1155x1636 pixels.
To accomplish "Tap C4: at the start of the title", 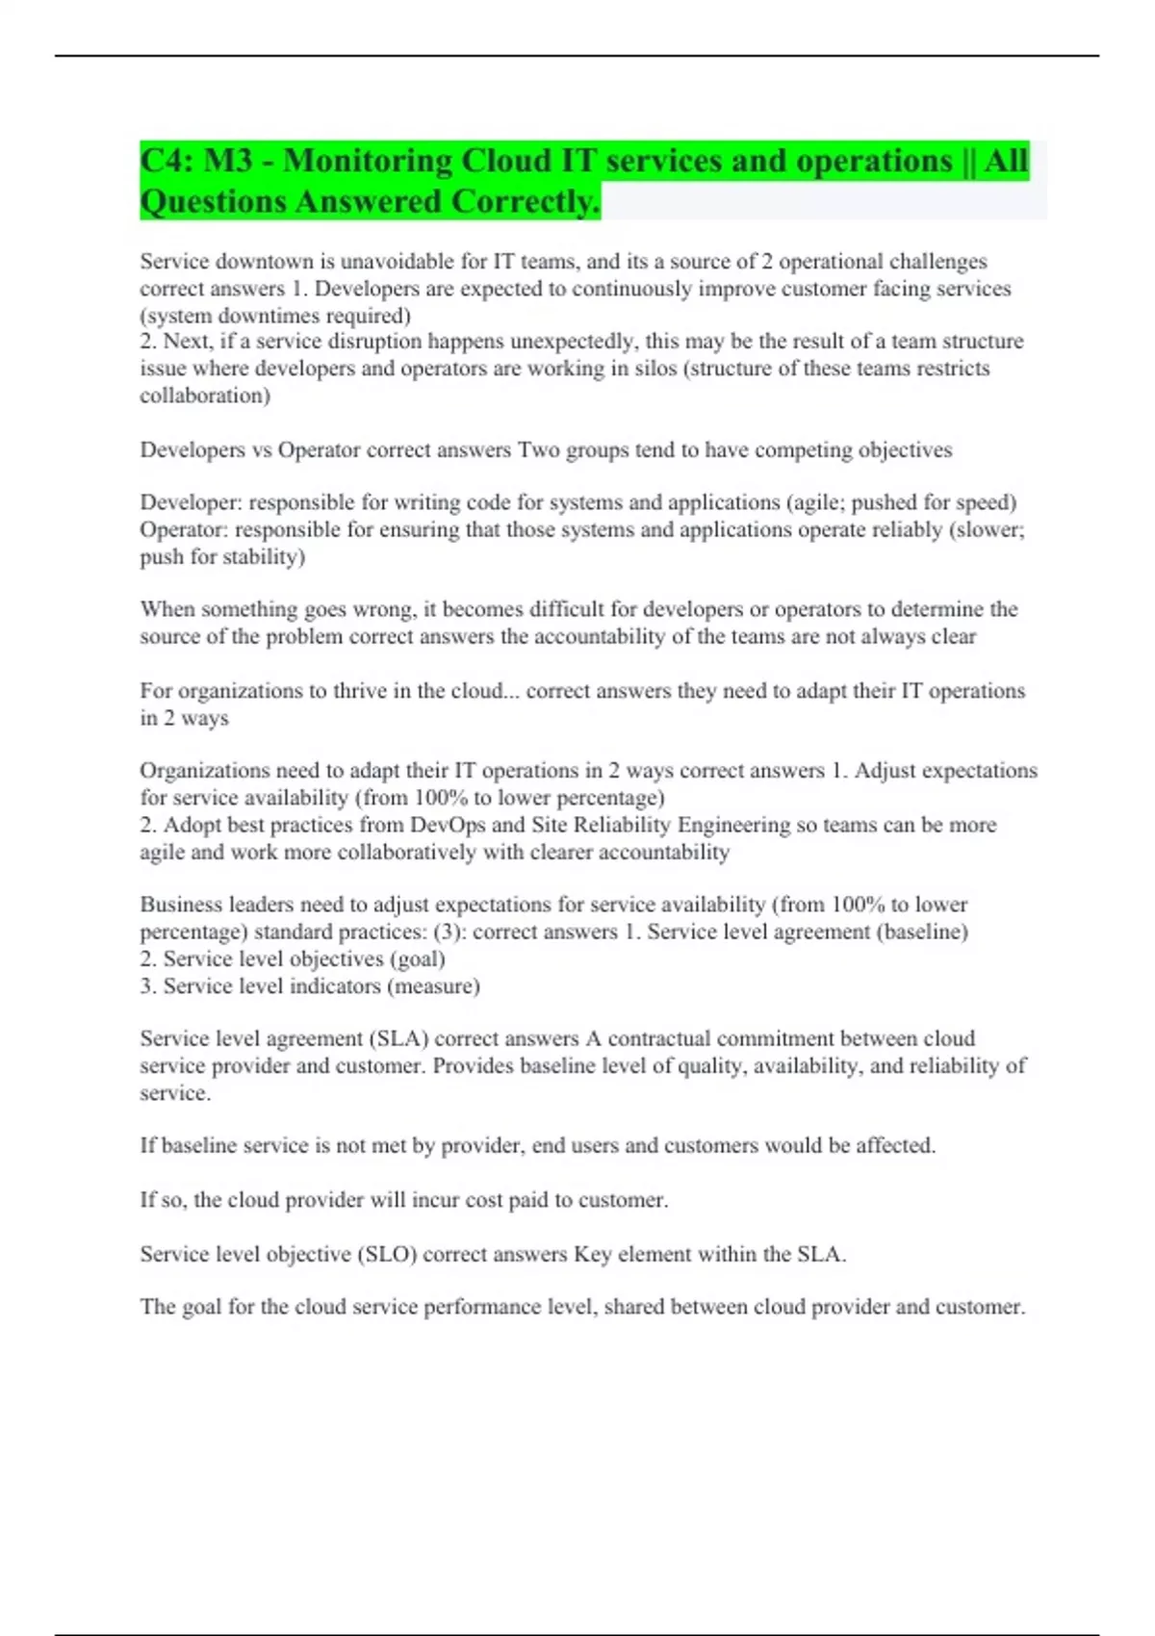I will (166, 161).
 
